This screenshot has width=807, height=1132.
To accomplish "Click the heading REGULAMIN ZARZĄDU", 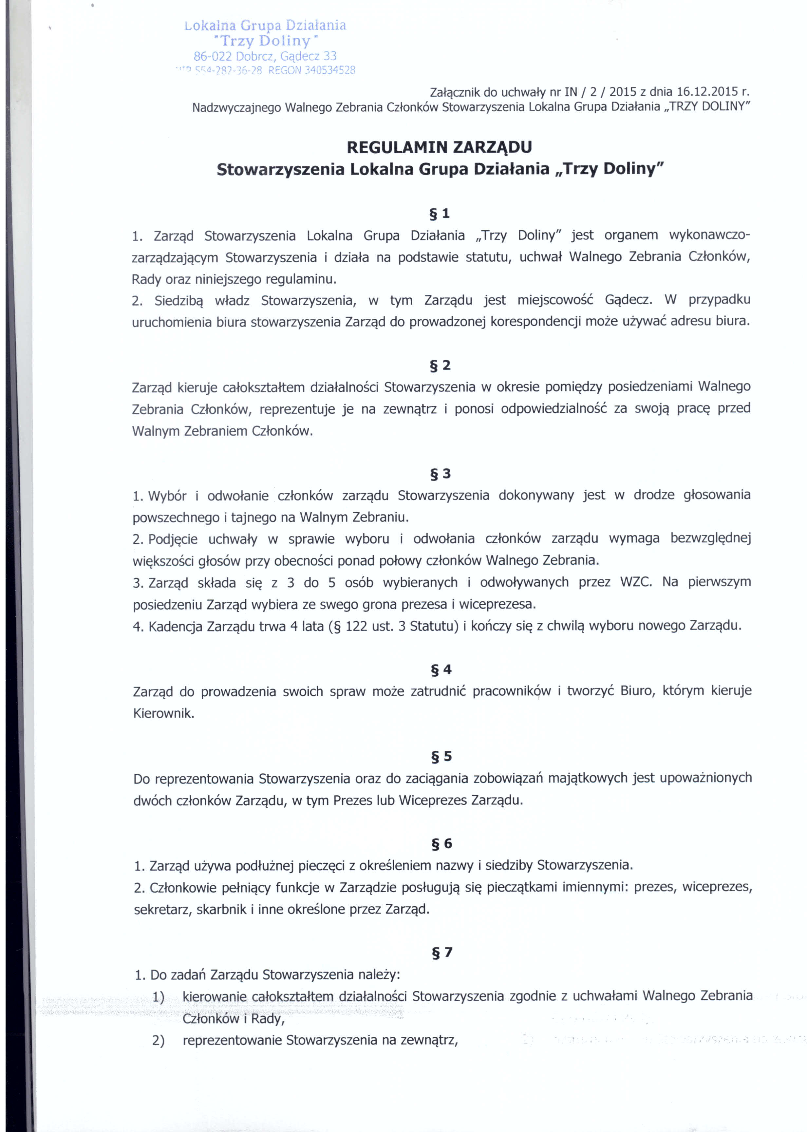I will pyautogui.click(x=439, y=147).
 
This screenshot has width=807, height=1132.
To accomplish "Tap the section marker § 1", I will pyautogui.click(x=439, y=214).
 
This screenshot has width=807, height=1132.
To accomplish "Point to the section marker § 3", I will pyautogui.click(x=440, y=474).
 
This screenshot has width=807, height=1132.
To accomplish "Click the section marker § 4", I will pyautogui.click(x=441, y=670).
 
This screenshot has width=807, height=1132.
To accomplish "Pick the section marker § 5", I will pyautogui.click(x=441, y=756).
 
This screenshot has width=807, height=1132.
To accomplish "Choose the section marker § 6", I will pyautogui.click(x=441, y=843).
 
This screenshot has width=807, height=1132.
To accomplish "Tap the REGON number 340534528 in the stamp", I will pyautogui.click(x=330, y=70).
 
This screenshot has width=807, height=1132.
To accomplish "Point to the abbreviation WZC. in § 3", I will pyautogui.click(x=636, y=582).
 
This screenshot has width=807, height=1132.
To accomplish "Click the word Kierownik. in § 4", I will pyautogui.click(x=163, y=714).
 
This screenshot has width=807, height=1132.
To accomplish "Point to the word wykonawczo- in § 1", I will pyautogui.click(x=710, y=235).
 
